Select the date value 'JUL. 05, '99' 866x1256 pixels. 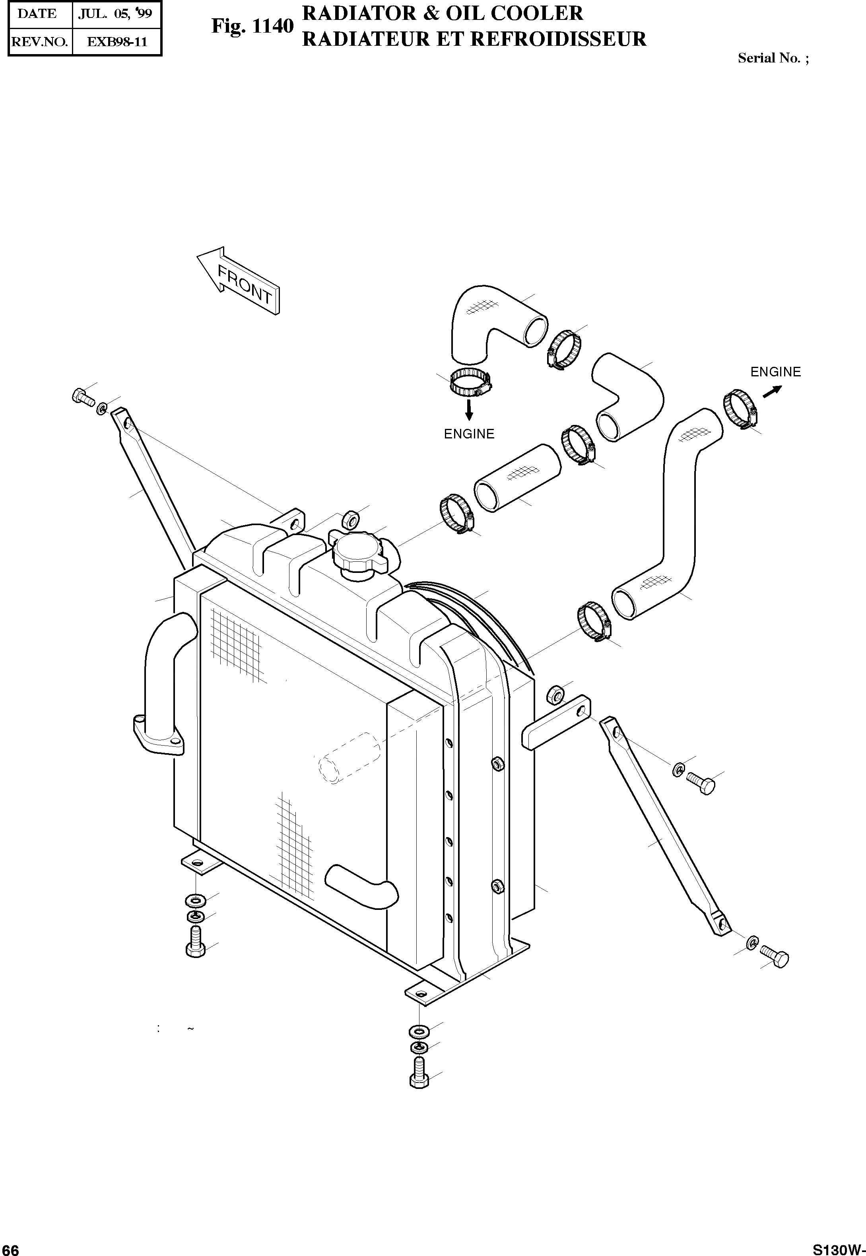pos(115,14)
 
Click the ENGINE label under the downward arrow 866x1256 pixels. pos(469,434)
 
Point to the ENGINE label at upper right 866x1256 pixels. pos(775,372)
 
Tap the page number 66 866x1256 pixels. pos(10,1248)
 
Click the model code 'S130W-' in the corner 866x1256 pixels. pos(838,1248)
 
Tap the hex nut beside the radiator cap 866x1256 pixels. pos(350,520)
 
